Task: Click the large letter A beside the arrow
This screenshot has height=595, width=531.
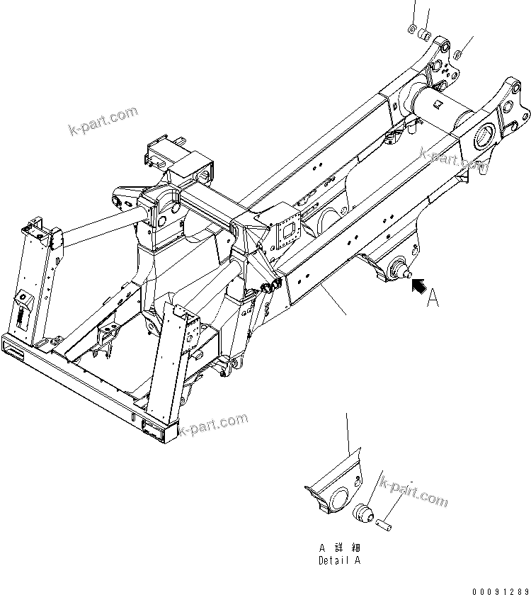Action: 433,300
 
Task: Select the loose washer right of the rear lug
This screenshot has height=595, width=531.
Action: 459,52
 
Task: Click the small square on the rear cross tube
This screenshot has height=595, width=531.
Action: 439,107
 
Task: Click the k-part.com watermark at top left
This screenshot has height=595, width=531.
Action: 103,121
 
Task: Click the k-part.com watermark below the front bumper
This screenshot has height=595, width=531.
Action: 212,425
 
